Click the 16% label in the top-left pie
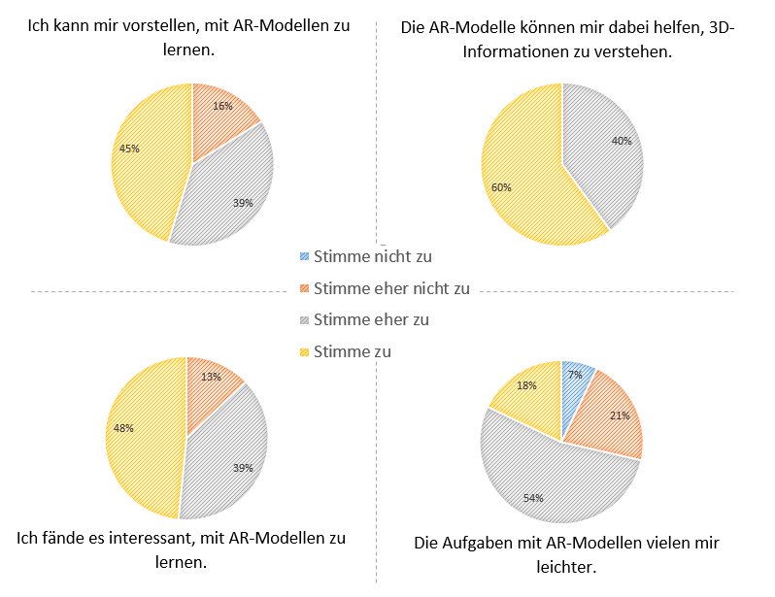tap(222, 106)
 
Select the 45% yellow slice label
tap(130, 149)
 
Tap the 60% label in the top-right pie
tap(502, 187)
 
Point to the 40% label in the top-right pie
tap(622, 141)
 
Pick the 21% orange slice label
tap(619, 415)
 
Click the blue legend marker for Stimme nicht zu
tap(306, 257)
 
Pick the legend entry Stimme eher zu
tap(371, 319)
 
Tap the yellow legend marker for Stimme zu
tap(306, 351)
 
